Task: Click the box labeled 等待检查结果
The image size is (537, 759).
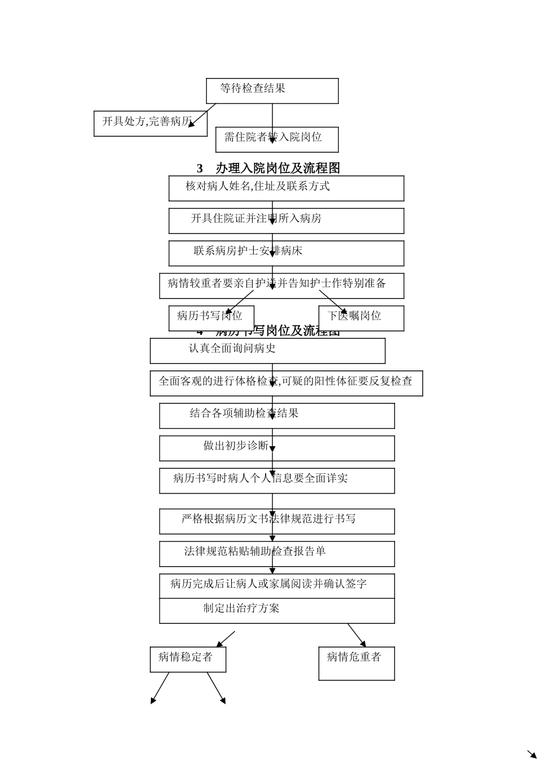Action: (272, 90)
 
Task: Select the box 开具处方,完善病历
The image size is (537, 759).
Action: (150, 123)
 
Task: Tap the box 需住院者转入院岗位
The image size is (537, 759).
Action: (277, 139)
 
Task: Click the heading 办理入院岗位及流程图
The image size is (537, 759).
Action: (268, 168)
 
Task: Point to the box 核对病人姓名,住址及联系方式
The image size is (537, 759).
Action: (286, 188)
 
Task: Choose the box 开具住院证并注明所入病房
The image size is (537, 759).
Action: (286, 221)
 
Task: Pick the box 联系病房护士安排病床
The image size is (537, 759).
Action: (286, 253)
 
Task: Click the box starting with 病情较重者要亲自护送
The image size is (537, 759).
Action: (282, 286)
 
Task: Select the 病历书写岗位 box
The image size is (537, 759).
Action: (211, 318)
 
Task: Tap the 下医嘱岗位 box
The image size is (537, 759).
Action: (361, 318)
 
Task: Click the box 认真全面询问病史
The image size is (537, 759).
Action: (267, 351)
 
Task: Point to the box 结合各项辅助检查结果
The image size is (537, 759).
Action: (277, 416)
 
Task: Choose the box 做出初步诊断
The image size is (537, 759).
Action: (277, 448)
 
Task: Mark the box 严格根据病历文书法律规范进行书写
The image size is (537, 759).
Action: (277, 521)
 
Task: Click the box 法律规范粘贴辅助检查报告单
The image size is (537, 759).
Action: (277, 554)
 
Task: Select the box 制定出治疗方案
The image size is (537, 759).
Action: (277, 611)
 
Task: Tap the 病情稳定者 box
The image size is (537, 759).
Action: (188, 659)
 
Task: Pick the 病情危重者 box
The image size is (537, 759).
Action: (357, 663)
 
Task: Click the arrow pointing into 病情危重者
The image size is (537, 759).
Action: (356, 635)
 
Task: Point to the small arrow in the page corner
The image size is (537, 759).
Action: (531, 754)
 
